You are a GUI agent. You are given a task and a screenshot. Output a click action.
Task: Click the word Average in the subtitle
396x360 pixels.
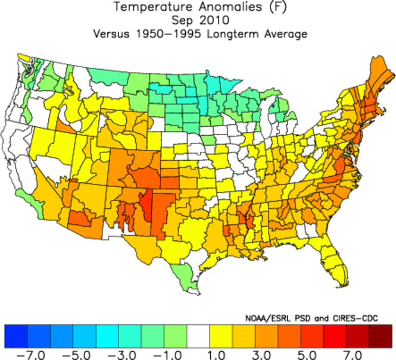point(286,34)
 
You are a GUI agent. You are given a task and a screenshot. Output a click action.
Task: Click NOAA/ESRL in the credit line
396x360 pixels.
point(266,318)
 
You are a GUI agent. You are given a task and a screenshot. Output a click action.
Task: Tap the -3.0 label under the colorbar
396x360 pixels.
point(120,354)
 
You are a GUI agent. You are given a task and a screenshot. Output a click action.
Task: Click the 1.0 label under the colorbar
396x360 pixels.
point(214,354)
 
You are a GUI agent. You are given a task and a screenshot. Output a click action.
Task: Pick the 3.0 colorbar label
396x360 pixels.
point(260,354)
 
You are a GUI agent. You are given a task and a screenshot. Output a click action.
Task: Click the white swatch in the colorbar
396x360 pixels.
point(198,336)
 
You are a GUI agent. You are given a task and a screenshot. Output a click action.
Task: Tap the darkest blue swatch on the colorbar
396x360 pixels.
point(16,336)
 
